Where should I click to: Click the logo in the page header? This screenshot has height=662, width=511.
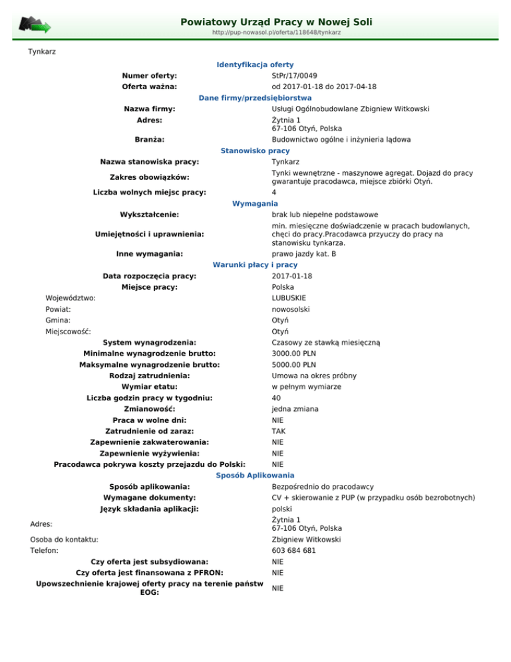pos(35,25)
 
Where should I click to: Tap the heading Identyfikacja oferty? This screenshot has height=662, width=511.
pos(255,65)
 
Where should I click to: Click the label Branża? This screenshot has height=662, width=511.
pos(150,140)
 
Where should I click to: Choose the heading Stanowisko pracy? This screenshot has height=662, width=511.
pos(255,151)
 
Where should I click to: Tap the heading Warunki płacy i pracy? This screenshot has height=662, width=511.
pos(255,264)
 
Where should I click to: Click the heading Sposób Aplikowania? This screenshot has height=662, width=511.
pos(255,476)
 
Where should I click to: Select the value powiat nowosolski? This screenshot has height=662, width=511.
pos(291,309)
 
